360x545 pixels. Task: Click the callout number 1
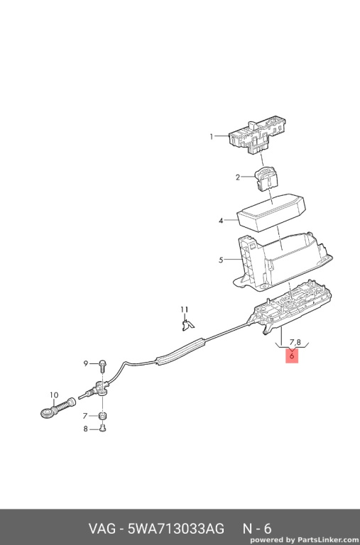click(211, 136)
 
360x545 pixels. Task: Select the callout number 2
click(238, 177)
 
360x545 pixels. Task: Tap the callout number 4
click(221, 221)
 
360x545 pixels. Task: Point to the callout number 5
click(221, 260)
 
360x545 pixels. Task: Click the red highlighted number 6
click(292, 356)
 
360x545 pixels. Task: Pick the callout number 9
click(86, 363)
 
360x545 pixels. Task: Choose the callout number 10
click(54, 395)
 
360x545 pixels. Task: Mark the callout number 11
click(185, 309)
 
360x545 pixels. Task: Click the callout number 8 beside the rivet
click(86, 429)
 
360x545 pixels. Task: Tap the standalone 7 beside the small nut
click(85, 416)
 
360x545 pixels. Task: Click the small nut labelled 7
click(103, 416)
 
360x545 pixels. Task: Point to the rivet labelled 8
click(103, 428)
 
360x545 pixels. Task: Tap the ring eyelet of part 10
click(46, 413)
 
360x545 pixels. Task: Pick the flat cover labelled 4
click(271, 213)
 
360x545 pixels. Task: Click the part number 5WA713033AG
click(175, 529)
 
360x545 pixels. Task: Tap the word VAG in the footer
click(102, 529)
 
